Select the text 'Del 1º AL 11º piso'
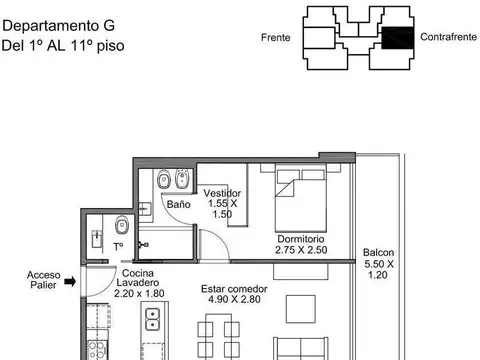(63, 45)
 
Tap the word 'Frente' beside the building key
(277, 38)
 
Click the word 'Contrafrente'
(447, 38)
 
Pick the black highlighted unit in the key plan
(396, 38)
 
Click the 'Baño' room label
(178, 204)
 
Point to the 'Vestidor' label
(221, 192)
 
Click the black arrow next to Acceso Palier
(71, 283)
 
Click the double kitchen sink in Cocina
(153, 321)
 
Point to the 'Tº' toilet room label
(118, 246)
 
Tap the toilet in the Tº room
(121, 224)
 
